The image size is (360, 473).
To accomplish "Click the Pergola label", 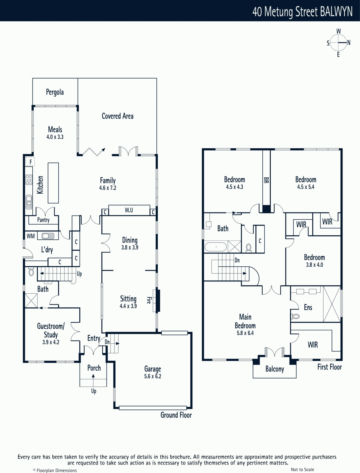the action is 55,92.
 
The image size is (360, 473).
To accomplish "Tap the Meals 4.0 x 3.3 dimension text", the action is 55,137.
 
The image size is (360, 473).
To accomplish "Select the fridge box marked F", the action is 30,162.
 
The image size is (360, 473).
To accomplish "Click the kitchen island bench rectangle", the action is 53,183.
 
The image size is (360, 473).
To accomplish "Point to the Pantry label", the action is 43,220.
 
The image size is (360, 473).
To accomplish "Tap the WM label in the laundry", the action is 30,236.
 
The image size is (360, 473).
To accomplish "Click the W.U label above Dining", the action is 129,210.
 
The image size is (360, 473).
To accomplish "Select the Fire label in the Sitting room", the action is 149,300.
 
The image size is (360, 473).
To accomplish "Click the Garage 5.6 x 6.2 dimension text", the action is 153,376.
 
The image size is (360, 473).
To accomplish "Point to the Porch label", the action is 94,368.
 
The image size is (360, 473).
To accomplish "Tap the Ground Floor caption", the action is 176,415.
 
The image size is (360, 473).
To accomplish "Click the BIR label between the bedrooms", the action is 266,180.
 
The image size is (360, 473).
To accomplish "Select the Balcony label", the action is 275,369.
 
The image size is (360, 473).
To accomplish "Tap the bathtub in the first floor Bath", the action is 216,247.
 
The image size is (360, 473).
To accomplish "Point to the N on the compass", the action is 349,43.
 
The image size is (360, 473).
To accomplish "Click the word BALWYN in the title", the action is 336,12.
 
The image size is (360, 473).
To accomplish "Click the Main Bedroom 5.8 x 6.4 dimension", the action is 245,333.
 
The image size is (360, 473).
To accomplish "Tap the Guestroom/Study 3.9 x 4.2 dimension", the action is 51,342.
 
